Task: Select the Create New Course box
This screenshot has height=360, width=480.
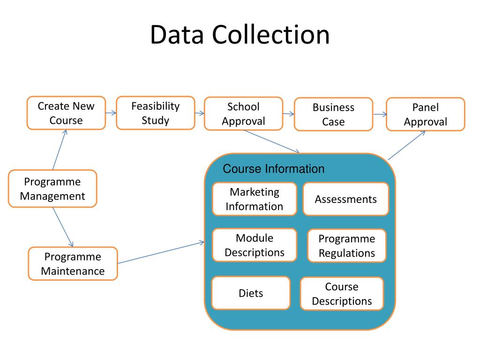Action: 66,113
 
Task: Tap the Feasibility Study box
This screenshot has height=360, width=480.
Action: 156,113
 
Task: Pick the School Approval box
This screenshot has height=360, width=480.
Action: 243,113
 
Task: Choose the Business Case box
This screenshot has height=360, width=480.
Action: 333,114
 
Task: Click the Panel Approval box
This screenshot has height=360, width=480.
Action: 426,114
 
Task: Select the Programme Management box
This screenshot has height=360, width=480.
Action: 52,188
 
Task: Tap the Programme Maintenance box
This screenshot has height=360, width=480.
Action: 73,263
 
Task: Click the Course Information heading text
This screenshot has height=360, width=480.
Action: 273,169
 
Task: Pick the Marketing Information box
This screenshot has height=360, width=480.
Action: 255,199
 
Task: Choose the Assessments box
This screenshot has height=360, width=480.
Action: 345,199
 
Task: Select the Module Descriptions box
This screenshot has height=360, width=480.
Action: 255,245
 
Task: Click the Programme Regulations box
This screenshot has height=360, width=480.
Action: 347,246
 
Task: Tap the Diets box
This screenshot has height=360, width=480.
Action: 251,293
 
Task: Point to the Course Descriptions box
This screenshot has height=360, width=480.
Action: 342,293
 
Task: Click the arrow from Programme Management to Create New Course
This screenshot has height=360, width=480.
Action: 60,150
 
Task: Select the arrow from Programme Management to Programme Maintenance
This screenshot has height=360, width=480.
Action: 63,227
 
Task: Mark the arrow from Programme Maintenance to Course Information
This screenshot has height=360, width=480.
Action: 161,252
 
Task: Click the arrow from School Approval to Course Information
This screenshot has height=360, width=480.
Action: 271,142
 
